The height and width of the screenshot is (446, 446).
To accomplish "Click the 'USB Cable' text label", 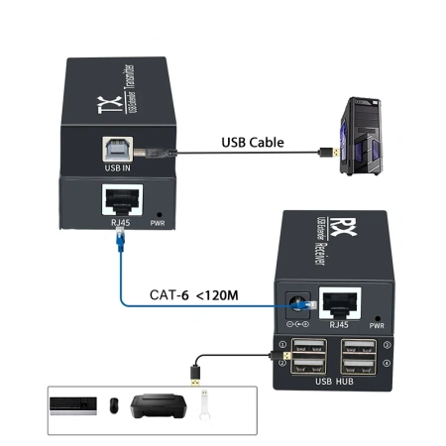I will tap(252, 143).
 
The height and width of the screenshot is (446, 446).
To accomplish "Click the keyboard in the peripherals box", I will tap(72, 405).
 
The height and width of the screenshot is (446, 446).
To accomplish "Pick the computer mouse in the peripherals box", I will tap(114, 405).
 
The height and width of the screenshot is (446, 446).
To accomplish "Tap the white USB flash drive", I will tap(203, 405).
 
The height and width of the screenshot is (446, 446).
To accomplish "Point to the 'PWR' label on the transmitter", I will tap(156, 224).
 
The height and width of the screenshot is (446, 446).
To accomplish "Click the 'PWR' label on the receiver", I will tap(378, 324).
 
